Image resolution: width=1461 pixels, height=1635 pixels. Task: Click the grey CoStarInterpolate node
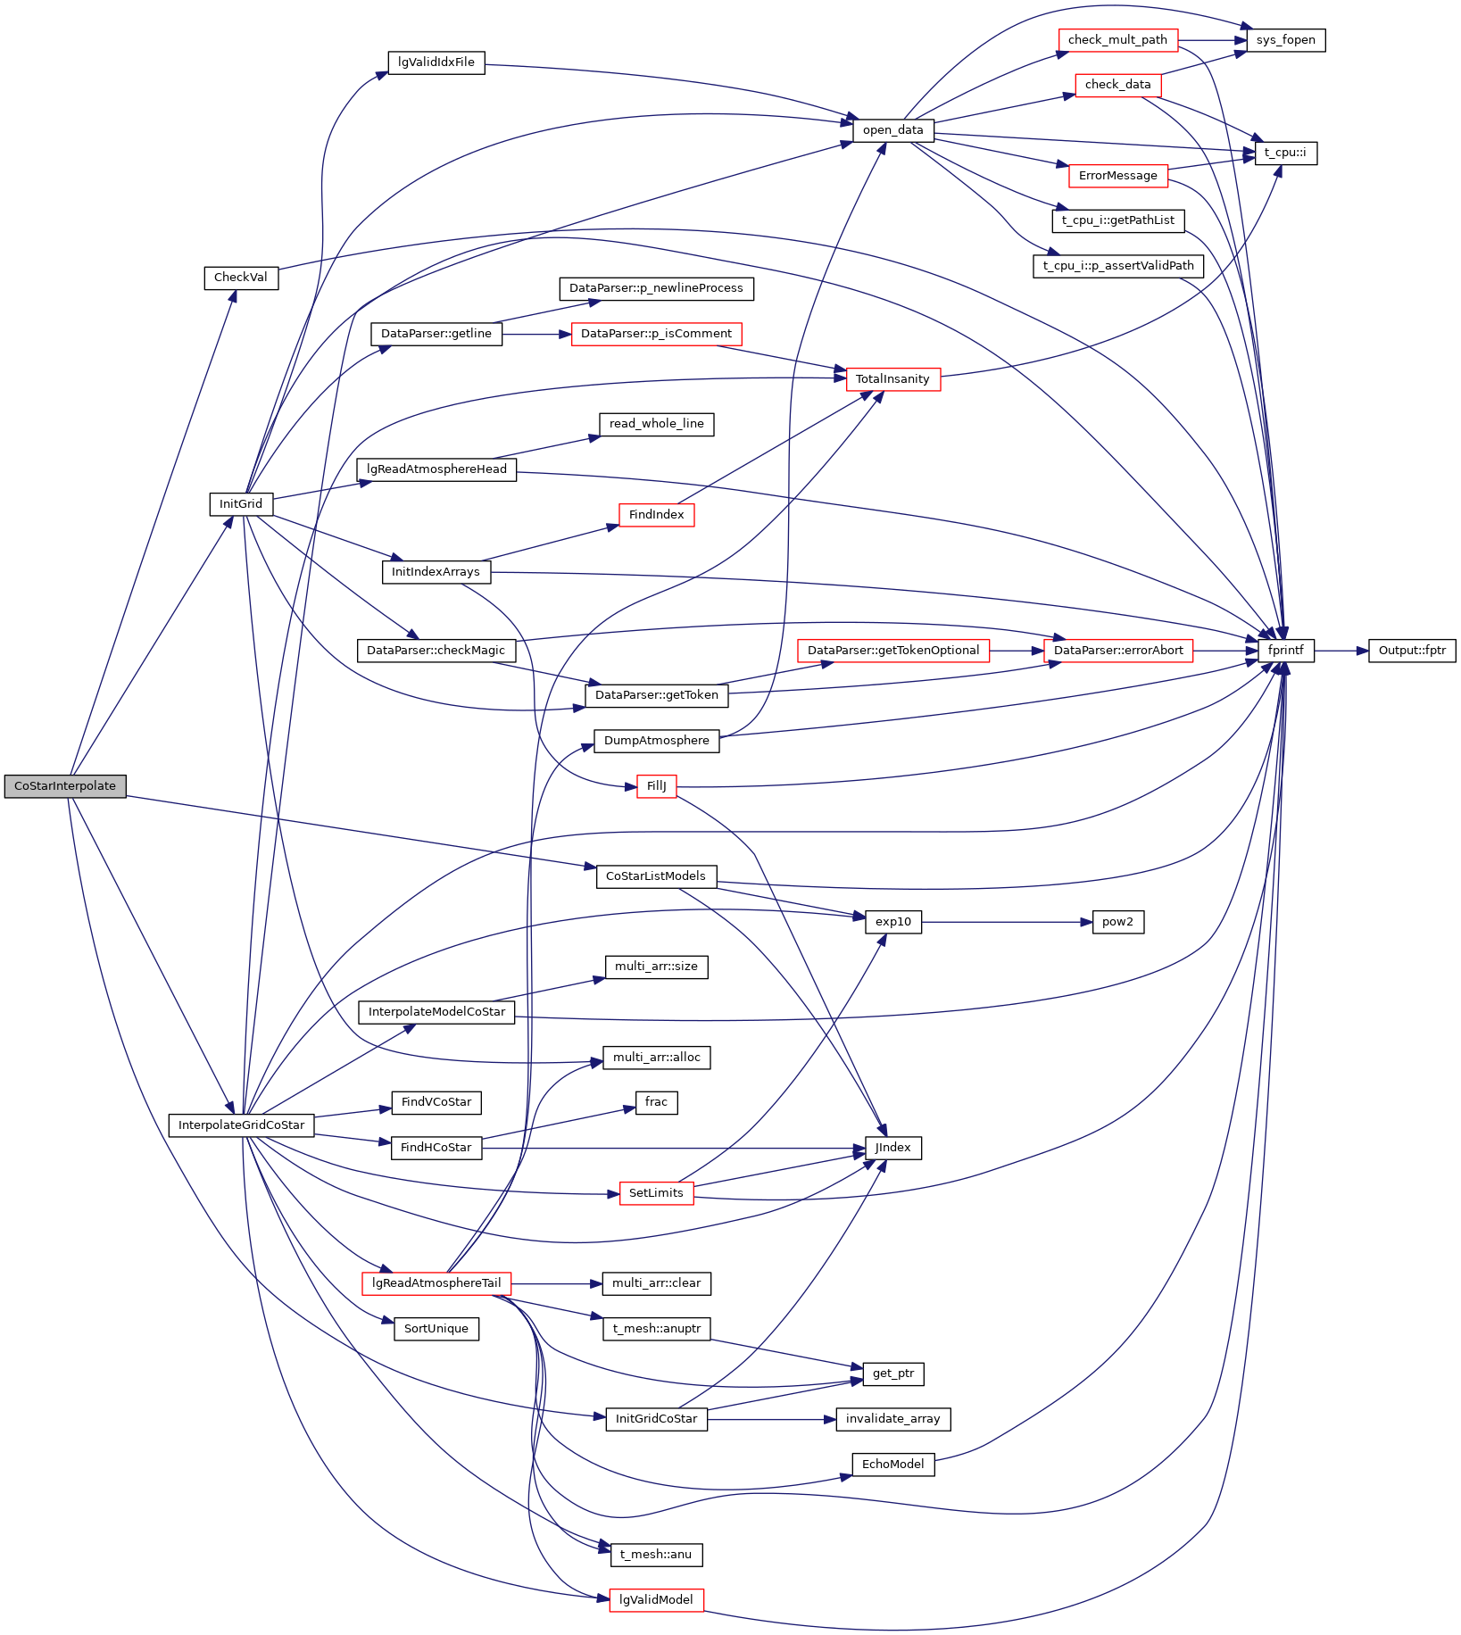[x=65, y=786]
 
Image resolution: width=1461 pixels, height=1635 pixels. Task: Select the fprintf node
[x=1285, y=651]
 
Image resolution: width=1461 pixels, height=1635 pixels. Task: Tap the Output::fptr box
[x=1412, y=651]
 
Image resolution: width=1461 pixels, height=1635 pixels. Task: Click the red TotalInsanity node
[x=892, y=379]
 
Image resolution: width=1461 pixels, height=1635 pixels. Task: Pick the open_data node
[x=892, y=130]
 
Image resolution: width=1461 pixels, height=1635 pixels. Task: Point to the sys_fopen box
[x=1285, y=40]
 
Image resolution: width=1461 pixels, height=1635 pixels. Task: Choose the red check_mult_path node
[x=1117, y=40]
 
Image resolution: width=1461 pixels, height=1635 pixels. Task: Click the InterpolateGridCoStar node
[x=241, y=1125]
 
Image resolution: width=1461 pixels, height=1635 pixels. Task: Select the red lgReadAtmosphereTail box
[x=436, y=1283]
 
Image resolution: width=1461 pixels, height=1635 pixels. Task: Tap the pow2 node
[x=1117, y=922]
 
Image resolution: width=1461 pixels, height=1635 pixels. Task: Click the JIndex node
[x=892, y=1148]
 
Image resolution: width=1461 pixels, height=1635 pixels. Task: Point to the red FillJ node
[x=656, y=786]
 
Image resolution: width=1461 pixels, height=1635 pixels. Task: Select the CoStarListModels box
[x=656, y=876]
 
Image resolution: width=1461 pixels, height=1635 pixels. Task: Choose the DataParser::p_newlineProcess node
[x=656, y=289]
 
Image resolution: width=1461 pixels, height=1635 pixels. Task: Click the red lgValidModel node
[x=656, y=1600]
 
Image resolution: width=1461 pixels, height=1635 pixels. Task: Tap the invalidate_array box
[x=892, y=1419]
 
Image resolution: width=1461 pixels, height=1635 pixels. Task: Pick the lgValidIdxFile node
[x=436, y=62]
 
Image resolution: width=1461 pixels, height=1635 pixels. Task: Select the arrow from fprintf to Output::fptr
[x=1341, y=651]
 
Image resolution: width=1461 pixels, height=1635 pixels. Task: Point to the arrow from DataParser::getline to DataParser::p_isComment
[x=535, y=334]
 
